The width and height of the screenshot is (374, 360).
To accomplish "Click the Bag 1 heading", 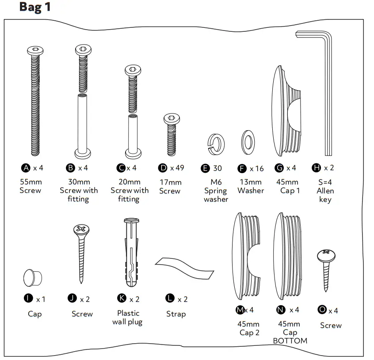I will (x=35, y=8).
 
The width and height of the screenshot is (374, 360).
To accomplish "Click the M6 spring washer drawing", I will (x=214, y=142).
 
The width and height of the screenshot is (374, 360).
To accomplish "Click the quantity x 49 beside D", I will (x=177, y=168).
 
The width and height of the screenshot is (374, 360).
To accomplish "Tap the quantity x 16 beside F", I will (x=256, y=168).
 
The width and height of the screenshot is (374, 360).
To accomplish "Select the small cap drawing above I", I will (x=32, y=277).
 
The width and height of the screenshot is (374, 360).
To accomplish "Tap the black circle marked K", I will (x=122, y=299).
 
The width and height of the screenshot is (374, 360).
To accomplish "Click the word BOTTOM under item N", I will (x=290, y=341).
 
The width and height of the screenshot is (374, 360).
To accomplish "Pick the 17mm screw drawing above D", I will (x=172, y=135).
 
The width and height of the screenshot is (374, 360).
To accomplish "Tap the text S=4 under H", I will (x=325, y=182).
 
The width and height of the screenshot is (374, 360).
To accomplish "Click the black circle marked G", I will (x=279, y=168).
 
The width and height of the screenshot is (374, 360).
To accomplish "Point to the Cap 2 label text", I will (x=249, y=333).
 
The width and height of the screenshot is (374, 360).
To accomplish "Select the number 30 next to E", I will (x=218, y=168).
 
